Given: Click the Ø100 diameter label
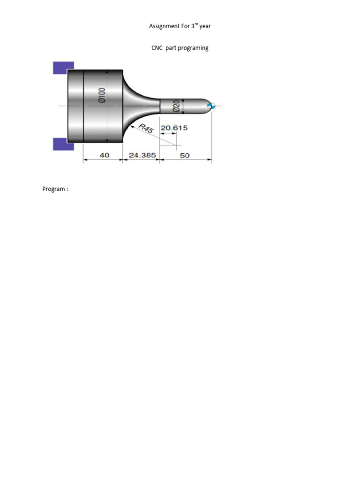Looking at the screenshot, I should pos(102,94).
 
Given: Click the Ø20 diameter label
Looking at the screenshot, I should pos(177,105).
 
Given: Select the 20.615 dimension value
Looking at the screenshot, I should pos(174,128).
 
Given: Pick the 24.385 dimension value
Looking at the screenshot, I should pos(142,155).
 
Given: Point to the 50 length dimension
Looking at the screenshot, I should pos(185,155).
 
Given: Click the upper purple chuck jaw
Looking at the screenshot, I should pos(63,68).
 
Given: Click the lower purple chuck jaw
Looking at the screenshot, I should pos(63,144).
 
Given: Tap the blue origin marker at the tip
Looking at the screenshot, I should pos(212,106).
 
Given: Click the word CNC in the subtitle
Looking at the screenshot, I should pos(157,48).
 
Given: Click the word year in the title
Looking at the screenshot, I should pos(205,26).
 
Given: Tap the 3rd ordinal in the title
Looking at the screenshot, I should pos(194,26).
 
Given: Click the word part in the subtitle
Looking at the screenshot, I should pos(172,48).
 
